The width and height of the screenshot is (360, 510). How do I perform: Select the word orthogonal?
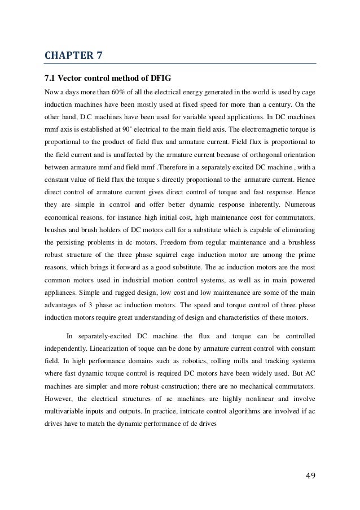click(264, 154)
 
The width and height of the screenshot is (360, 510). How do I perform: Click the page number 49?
click(309, 473)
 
